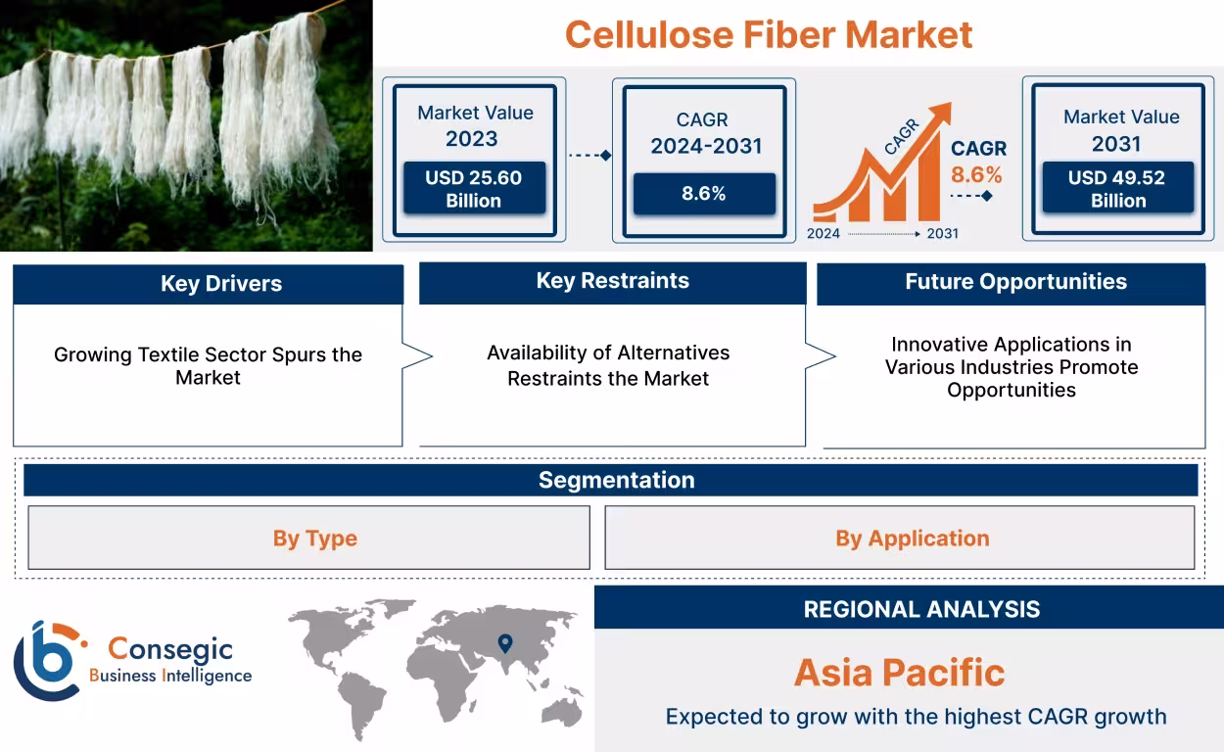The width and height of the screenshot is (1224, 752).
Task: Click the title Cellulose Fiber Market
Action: (x=769, y=35)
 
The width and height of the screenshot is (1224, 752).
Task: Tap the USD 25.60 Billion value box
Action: (x=474, y=189)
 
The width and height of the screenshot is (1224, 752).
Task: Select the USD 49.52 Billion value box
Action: (x=1117, y=189)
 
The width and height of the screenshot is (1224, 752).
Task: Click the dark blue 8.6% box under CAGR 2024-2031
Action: (x=703, y=194)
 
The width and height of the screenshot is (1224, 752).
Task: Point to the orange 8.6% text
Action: (x=976, y=175)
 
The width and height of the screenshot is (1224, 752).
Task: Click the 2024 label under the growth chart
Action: (x=824, y=234)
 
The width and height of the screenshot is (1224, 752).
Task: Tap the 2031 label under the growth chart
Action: (x=942, y=234)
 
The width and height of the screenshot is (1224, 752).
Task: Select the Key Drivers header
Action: (x=208, y=284)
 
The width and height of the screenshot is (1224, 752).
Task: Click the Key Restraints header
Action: (x=612, y=281)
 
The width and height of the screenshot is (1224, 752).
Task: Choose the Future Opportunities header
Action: (x=1014, y=282)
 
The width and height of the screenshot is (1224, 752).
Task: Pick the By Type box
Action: (x=308, y=538)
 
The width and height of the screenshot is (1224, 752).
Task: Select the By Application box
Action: (x=899, y=538)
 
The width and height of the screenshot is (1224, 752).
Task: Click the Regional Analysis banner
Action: (x=920, y=608)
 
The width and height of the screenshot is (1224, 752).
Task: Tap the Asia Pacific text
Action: (x=899, y=673)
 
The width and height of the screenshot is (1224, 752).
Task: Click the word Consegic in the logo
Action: (x=170, y=648)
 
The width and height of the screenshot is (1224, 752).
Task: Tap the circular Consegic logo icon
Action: (x=47, y=661)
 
